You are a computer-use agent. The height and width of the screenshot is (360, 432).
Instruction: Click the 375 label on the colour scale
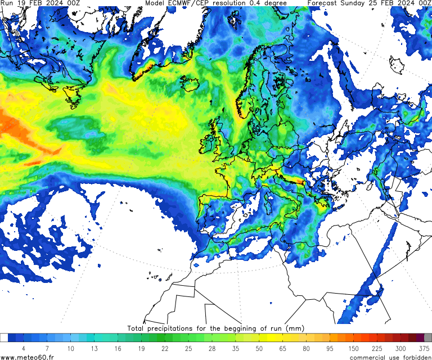(x=425, y=349)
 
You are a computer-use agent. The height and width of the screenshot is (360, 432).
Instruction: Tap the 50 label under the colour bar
(x=259, y=349)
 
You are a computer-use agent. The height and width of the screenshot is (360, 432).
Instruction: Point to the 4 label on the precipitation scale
(x=23, y=349)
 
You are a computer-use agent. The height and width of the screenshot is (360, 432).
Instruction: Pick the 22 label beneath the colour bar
(x=164, y=349)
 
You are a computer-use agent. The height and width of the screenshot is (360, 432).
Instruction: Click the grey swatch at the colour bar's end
(x=428, y=337)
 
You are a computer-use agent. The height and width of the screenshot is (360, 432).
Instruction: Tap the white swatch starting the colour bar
(x=4, y=337)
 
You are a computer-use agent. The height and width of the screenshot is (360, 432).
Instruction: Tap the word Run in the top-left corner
(x=7, y=3)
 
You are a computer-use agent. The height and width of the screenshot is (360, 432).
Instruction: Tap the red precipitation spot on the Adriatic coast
(x=301, y=182)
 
